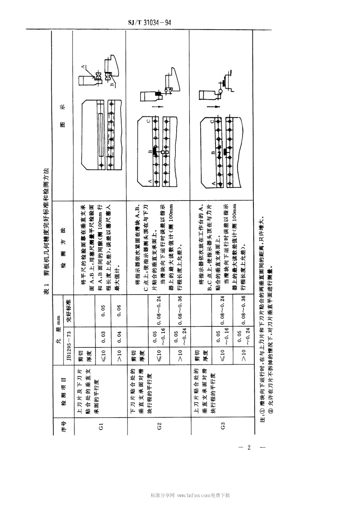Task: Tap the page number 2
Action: pyautogui.click(x=249, y=447)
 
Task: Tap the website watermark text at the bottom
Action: pyautogui.click(x=190, y=495)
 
